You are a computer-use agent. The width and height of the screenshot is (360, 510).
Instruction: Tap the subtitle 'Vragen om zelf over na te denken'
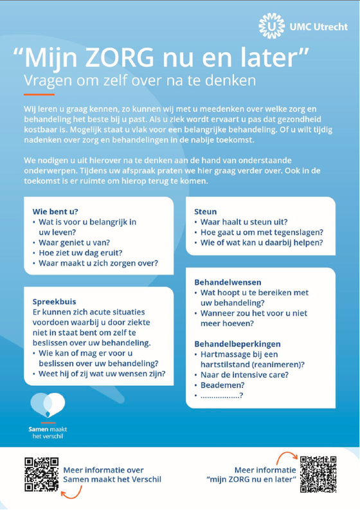(139, 82)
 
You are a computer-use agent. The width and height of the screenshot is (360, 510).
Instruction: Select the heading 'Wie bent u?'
(55, 210)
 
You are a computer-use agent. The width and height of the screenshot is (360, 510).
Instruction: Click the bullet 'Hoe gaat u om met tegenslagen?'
(262, 232)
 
